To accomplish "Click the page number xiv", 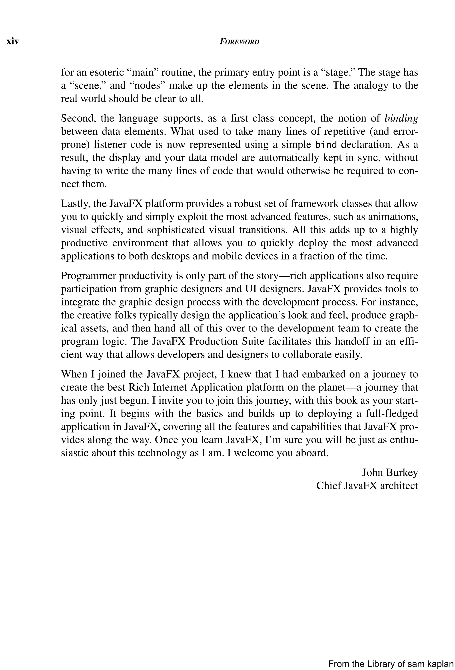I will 13,42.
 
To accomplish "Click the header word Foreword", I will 239,42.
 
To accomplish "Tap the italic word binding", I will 401,118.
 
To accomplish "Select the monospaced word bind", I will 326,144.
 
